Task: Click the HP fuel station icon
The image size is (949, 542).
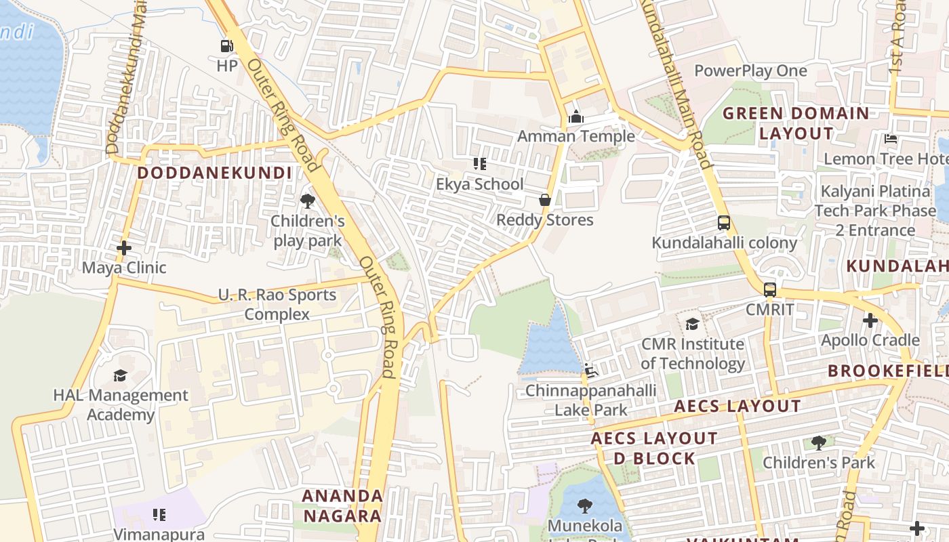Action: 226,46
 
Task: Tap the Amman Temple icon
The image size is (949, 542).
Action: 576,117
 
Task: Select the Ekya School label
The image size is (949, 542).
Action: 479,184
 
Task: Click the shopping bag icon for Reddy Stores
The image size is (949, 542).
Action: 544,200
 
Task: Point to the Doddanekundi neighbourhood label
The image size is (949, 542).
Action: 215,173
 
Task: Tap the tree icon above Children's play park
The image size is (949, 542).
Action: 308,201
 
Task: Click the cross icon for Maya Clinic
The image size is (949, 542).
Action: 124,248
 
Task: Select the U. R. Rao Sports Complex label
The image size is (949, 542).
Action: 277,304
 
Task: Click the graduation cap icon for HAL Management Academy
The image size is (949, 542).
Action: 120,375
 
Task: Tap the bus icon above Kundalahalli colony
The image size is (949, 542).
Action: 724,223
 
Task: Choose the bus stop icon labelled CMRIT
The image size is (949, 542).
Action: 770,290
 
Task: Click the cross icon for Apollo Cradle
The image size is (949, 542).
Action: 870,320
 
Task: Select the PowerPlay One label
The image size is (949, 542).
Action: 750,71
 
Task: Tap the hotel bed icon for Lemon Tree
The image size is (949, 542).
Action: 891,139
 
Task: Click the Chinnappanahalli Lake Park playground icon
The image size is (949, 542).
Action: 591,370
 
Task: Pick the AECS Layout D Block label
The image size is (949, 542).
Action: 654,448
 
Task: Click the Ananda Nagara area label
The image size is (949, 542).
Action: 342,505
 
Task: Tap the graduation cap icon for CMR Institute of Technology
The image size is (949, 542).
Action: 692,324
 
